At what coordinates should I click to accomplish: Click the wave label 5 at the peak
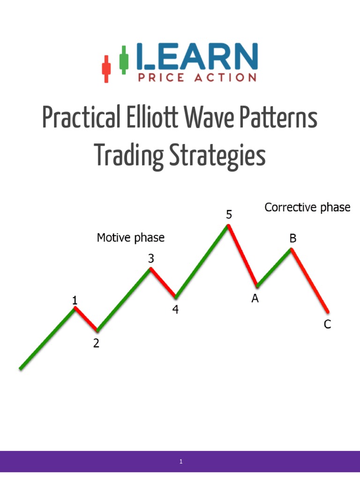(229, 215)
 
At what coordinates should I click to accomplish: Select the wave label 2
(96, 344)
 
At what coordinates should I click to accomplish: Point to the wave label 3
(151, 258)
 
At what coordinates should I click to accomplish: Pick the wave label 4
(175, 310)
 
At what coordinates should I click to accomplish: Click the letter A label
(255, 299)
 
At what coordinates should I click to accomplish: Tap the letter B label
(292, 239)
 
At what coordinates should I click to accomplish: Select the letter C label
(327, 324)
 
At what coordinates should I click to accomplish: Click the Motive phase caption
(131, 238)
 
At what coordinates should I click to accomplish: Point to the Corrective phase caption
(307, 207)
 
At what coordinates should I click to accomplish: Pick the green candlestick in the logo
(124, 60)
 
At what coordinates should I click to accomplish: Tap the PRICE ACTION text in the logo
(197, 78)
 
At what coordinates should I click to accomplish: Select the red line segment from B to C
(310, 280)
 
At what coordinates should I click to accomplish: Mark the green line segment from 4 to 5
(202, 261)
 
